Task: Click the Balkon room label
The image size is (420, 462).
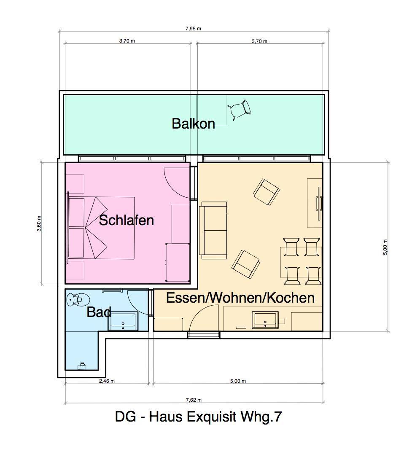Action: (x=194, y=124)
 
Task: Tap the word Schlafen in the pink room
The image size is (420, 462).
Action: (x=127, y=220)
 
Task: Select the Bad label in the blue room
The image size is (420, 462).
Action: (x=99, y=312)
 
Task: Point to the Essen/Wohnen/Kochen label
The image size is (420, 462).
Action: (x=240, y=298)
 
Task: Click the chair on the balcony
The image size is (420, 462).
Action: (x=240, y=110)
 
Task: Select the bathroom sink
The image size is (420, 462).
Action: (x=123, y=321)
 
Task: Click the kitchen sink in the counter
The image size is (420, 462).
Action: (x=265, y=320)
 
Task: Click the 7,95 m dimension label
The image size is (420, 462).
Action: (x=194, y=29)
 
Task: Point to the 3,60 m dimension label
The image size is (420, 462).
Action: (x=39, y=223)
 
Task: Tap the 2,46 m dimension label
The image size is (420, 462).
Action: (x=107, y=381)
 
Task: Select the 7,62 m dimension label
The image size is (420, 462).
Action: (x=194, y=400)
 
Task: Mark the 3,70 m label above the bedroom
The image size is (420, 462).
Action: (x=127, y=41)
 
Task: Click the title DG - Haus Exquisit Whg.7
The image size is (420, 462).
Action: (x=198, y=417)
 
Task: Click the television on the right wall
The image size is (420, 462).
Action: (x=319, y=203)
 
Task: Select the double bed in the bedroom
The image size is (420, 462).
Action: (x=101, y=228)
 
